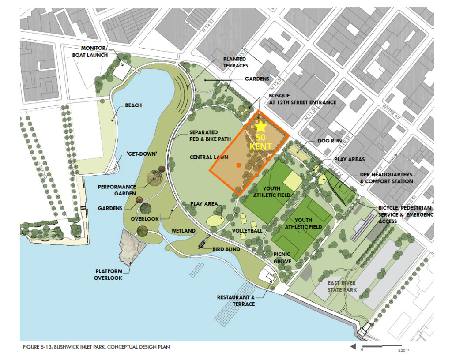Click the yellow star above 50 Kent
(261, 127)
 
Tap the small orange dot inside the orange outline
(238, 165)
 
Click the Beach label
(133, 105)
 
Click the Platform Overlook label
(108, 274)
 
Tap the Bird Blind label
(225, 249)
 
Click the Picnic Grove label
(282, 258)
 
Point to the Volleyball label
(247, 230)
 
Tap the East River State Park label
(343, 287)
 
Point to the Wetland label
(184, 231)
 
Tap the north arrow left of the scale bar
(353, 347)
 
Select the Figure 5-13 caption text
(96, 347)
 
